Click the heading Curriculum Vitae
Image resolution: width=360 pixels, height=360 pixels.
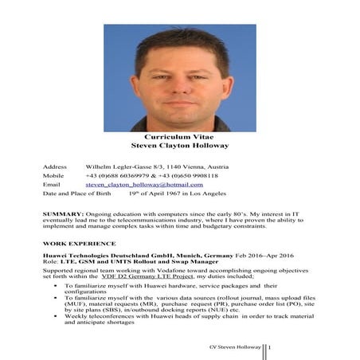[179, 137]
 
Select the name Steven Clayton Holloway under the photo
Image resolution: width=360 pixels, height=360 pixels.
[179, 146]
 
